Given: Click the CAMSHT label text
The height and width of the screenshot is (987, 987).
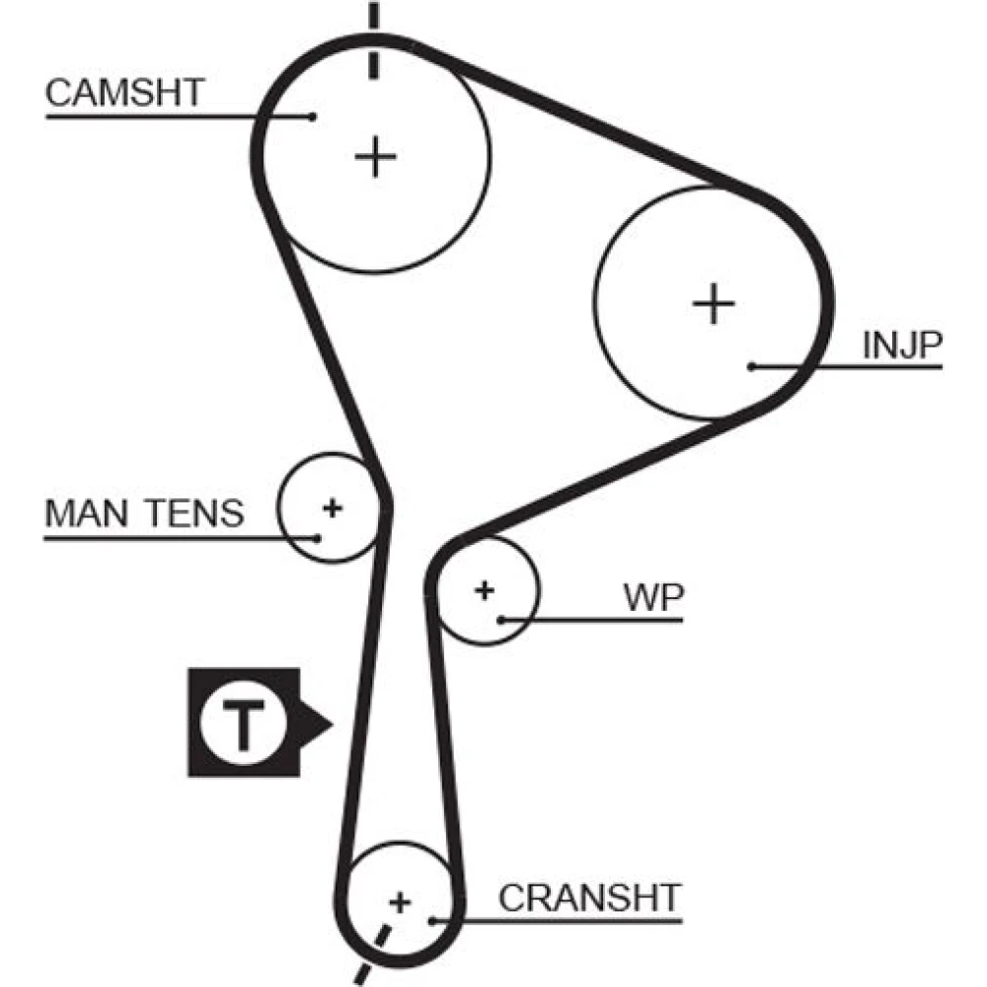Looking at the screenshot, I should coord(124,93).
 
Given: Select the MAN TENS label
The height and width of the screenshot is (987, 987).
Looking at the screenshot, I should coord(143,513).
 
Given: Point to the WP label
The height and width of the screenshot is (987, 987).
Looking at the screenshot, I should coord(652,597).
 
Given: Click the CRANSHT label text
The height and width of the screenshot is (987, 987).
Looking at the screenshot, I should coord(589,898).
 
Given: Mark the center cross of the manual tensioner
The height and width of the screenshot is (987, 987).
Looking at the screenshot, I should coord(333,508).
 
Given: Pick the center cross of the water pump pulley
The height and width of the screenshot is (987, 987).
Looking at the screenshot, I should coord(484,590).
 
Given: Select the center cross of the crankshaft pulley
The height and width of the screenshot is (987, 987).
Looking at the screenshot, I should coord(400,901).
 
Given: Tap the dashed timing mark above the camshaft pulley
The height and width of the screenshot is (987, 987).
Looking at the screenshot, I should coord(373,39).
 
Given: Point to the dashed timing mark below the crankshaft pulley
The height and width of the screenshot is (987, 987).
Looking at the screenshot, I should coord(373,952).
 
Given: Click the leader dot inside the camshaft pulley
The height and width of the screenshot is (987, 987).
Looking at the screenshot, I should coord(313,116).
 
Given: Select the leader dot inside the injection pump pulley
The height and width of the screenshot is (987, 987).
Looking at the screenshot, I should coord(751,366).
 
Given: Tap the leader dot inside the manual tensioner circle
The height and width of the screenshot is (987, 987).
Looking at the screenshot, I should coord(318,538).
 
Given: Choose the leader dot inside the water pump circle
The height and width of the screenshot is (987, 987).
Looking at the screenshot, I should coord(501,620).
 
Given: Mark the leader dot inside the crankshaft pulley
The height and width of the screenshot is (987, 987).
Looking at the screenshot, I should coord(432,921).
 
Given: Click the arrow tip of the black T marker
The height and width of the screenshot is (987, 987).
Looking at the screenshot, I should coord(331,725).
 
